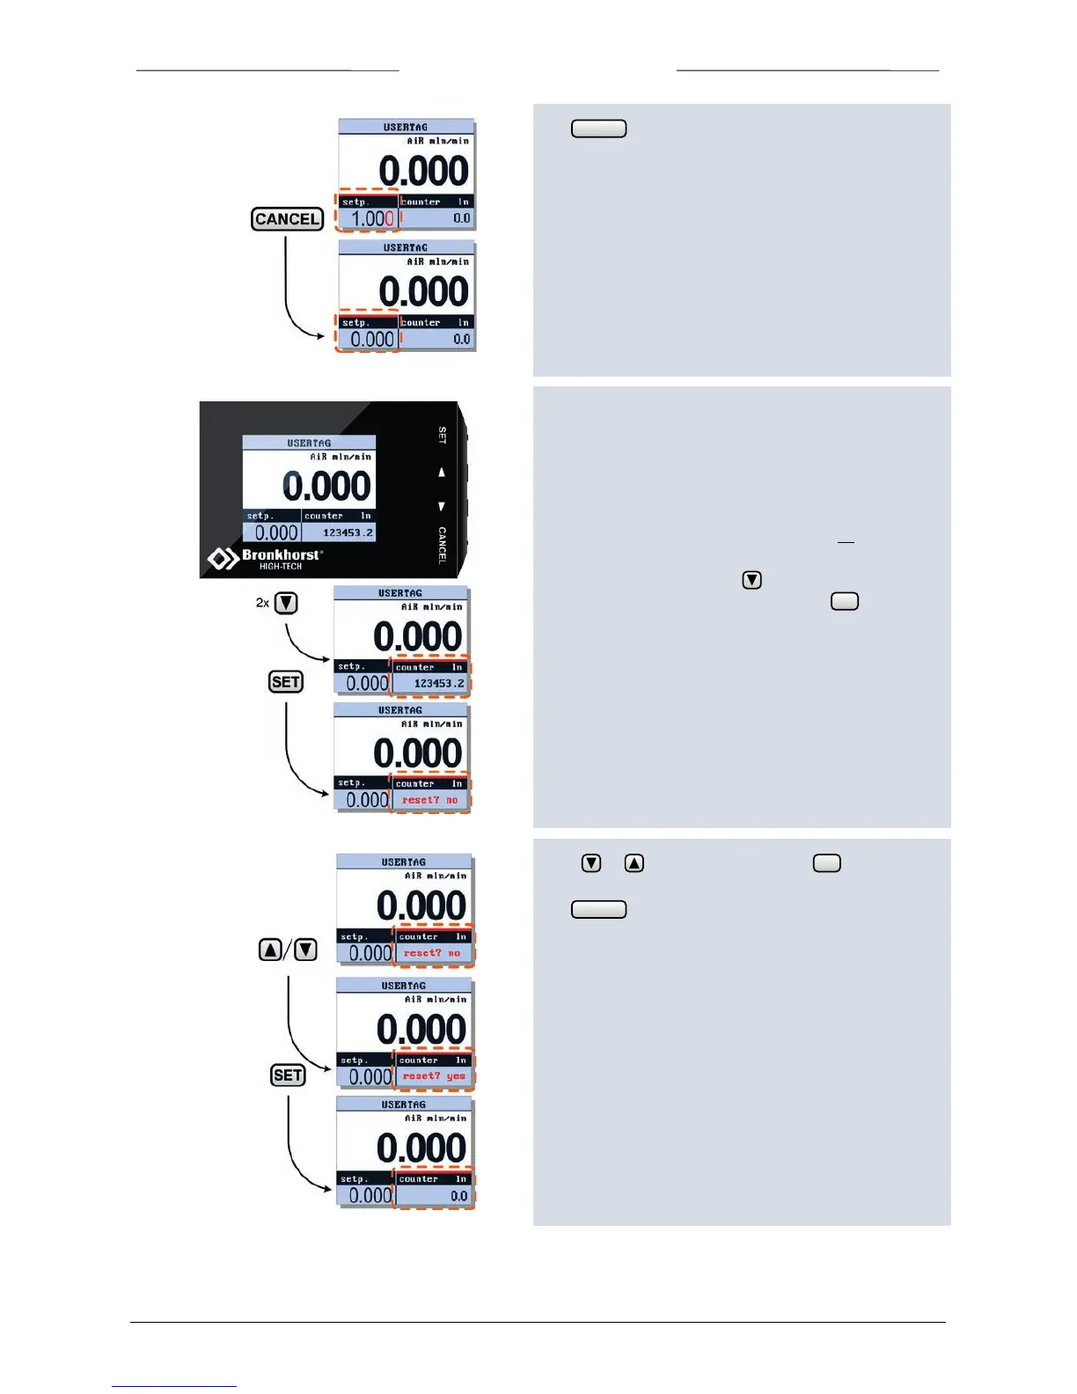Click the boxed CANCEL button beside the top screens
pyautogui.click(x=287, y=219)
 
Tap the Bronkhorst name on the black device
pyautogui.click(x=280, y=554)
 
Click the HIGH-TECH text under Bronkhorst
pyautogui.click(x=280, y=567)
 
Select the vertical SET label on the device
pyautogui.click(x=443, y=435)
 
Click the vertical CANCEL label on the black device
pyautogui.click(x=443, y=545)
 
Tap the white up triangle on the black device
pyautogui.click(x=442, y=473)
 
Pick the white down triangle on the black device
pyautogui.click(x=442, y=507)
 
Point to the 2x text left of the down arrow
pyautogui.click(x=262, y=603)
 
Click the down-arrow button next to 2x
pyautogui.click(x=286, y=603)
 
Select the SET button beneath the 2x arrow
pyautogui.click(x=286, y=682)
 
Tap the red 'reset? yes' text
pyautogui.click(x=434, y=1076)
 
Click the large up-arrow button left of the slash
pyautogui.click(x=270, y=950)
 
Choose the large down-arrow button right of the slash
pyautogui.click(x=305, y=950)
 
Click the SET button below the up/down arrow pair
pyautogui.click(x=288, y=1075)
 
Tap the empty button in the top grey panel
pyautogui.click(x=598, y=128)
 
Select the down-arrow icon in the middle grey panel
pyautogui.click(x=751, y=580)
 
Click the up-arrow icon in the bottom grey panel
pyautogui.click(x=634, y=863)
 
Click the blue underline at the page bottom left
pyautogui.click(x=174, y=1386)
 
